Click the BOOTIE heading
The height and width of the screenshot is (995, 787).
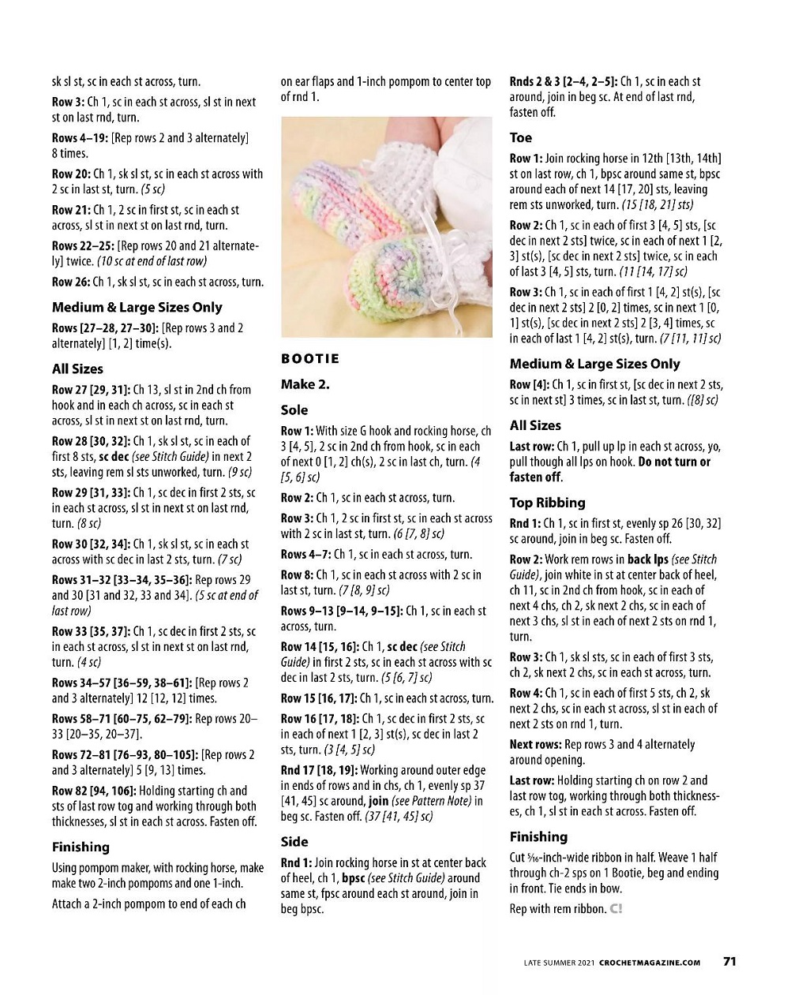[310, 359]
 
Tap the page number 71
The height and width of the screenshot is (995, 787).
[729, 961]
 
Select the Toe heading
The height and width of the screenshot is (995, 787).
[521, 137]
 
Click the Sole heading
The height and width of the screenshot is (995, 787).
[294, 410]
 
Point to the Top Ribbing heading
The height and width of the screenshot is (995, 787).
[547, 503]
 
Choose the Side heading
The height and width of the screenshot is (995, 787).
[294, 842]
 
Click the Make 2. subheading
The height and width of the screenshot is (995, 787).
[305, 385]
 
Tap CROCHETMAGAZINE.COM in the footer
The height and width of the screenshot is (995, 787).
[650, 962]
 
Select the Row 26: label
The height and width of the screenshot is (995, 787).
[71, 282]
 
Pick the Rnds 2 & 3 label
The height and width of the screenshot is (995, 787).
[536, 81]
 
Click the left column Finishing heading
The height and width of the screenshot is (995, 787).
[81, 847]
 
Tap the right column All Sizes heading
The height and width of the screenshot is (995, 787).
[535, 425]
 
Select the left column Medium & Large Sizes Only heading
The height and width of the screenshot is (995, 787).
[137, 308]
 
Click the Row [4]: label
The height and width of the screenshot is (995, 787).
[529, 384]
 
